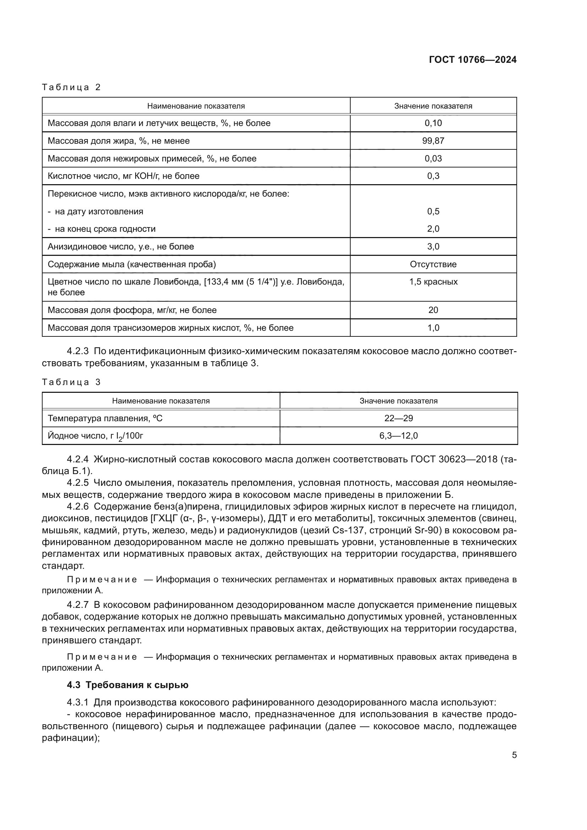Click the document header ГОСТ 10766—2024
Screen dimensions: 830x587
472,60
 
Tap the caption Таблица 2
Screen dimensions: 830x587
71,87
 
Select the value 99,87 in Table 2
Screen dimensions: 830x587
433,141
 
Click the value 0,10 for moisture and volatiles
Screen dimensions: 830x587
433,123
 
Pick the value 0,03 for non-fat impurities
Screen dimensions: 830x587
433,158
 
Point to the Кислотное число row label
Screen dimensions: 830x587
124,176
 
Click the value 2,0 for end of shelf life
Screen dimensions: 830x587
433,229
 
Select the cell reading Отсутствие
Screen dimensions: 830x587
433,264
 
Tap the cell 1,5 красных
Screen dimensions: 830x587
433,282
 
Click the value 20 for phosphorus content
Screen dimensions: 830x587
433,310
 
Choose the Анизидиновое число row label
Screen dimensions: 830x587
121,247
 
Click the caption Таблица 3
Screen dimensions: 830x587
71,382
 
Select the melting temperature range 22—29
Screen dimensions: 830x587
398,418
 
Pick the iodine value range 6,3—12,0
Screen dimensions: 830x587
398,436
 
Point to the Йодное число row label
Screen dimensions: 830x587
95,436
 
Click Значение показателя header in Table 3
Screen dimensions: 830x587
398,401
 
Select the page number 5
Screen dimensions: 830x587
514,755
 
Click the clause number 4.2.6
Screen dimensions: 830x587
78,507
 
